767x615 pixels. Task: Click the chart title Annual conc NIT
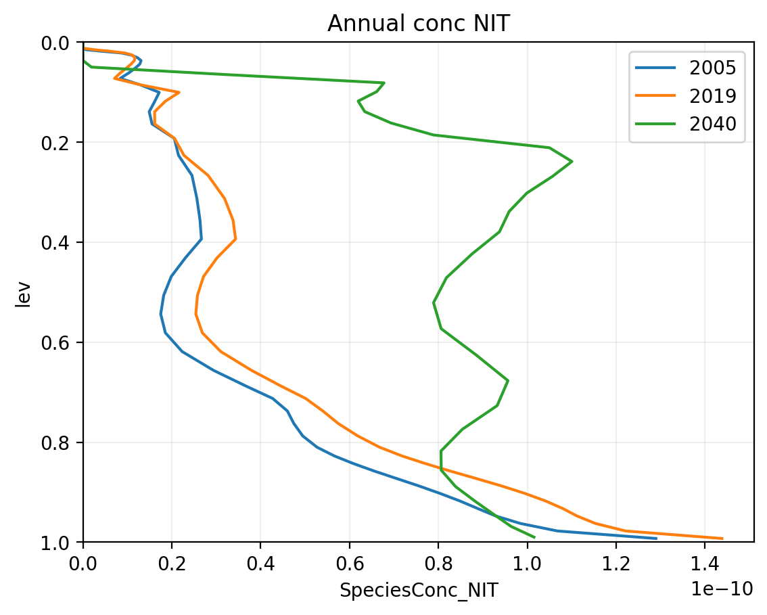418,24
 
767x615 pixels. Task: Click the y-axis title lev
24,292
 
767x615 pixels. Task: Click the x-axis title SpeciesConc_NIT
418,591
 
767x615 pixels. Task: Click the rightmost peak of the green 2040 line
572,161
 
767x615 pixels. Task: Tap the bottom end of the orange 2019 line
722,539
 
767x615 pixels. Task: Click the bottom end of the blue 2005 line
656,539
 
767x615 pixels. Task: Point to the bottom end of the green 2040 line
534,537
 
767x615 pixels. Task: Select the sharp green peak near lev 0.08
384,83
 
